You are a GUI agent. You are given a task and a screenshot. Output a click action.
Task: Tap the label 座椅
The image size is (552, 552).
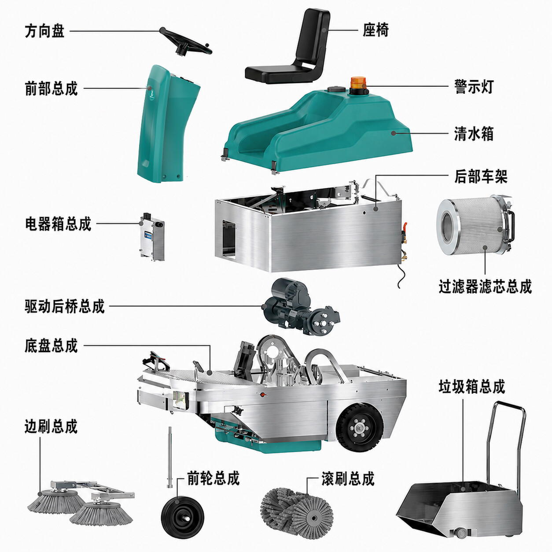pos(375,30)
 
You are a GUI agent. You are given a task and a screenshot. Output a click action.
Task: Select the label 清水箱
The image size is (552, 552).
pos(474,133)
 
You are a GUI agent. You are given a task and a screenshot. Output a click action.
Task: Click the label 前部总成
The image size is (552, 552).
pos(51,88)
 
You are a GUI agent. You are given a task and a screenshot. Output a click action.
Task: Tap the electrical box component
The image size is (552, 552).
pos(152,236)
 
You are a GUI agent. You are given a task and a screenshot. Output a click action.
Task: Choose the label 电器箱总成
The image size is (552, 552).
pos(58,224)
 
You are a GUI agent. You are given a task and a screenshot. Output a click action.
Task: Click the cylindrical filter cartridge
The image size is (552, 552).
pos(475,225)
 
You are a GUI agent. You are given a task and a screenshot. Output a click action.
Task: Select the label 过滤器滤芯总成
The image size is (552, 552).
pos(485,286)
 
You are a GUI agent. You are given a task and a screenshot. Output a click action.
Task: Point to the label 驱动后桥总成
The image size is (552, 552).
pos(65,306)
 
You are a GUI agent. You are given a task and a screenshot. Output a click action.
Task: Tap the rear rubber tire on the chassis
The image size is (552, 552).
pos(360,428)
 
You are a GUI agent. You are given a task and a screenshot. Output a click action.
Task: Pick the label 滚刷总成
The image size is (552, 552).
pos(348,478)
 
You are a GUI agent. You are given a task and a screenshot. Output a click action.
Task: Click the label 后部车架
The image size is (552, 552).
pos(481,177)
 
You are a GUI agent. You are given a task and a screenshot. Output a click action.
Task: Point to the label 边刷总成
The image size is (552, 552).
pos(51,426)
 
